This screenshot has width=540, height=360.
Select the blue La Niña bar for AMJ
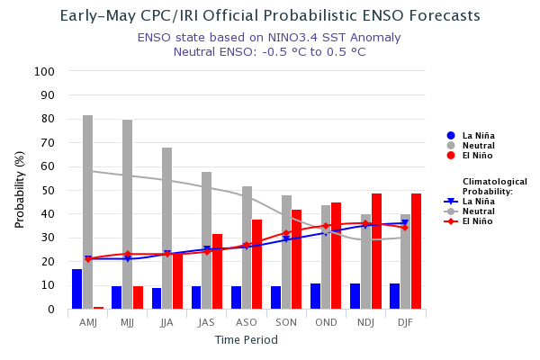coord(77,289)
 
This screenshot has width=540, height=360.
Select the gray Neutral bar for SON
coord(286,252)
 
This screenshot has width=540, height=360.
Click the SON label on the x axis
coord(286,321)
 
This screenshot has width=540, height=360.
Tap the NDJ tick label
coord(365,321)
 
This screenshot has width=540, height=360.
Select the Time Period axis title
coord(246,340)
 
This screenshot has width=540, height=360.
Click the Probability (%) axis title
coord(20,190)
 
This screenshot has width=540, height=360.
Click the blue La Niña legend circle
coord(451,136)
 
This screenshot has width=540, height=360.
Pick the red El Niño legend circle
coord(451,156)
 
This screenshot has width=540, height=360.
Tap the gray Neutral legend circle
coord(451,146)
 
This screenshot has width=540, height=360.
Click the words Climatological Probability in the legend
coord(494,186)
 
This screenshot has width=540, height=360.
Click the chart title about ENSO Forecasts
coord(270,16)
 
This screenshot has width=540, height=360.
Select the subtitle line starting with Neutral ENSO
coord(269,51)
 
